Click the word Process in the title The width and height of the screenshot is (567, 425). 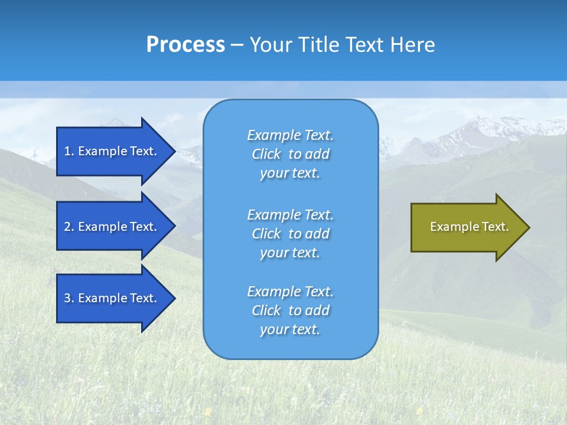[185, 45]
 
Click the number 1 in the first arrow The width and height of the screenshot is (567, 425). [67, 151]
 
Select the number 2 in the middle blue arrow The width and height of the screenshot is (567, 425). [67, 227]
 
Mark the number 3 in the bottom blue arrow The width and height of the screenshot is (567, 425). [67, 298]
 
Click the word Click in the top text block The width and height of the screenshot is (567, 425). [266, 154]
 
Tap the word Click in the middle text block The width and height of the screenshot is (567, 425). [266, 234]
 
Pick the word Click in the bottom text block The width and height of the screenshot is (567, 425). [266, 310]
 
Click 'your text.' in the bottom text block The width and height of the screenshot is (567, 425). [290, 329]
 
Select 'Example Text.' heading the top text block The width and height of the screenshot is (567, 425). [290, 135]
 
